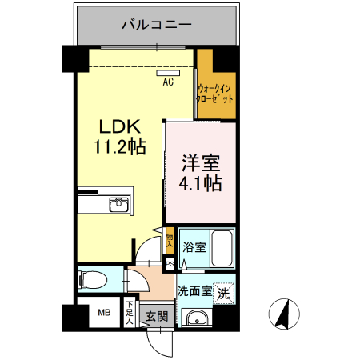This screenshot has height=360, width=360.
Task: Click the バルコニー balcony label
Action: [x=157, y=25]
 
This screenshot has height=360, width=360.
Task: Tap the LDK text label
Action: [x=119, y=126]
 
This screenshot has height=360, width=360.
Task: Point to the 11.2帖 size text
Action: [x=120, y=147]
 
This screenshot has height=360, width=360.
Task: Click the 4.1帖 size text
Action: [x=200, y=182]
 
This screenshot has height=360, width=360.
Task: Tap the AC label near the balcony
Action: [x=169, y=82]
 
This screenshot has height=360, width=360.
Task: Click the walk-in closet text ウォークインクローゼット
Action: [x=215, y=93]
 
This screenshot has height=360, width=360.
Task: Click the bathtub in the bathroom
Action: [x=222, y=249]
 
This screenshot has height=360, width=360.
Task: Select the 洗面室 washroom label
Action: [x=195, y=291]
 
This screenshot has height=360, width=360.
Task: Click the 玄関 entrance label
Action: [x=157, y=316]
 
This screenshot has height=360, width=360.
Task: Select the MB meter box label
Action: [x=103, y=313]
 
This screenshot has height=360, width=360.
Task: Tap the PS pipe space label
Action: [x=170, y=261]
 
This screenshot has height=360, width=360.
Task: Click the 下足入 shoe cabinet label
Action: [x=130, y=313]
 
